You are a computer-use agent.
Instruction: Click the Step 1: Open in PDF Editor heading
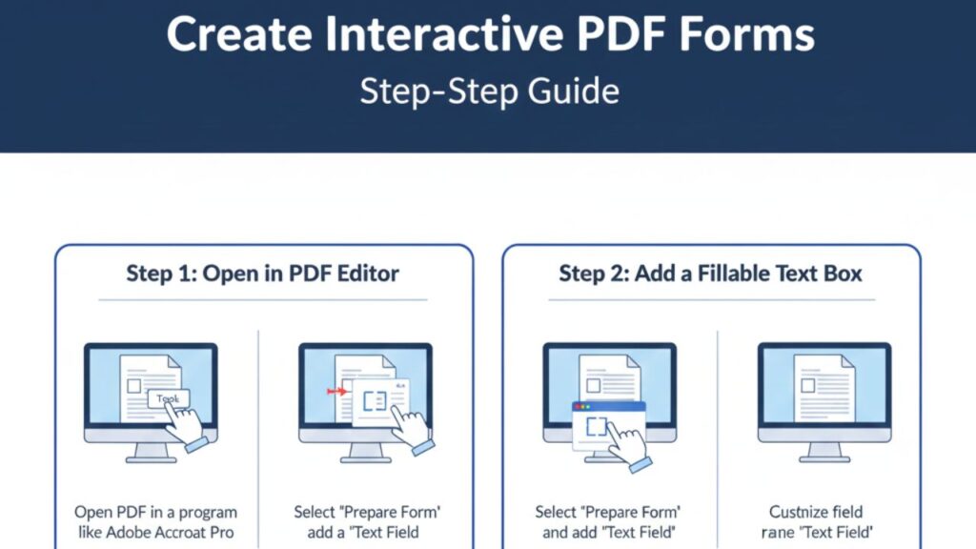pos(263,274)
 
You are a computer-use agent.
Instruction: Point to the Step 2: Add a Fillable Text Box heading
pos(710,274)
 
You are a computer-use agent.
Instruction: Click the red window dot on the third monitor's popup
pos(576,407)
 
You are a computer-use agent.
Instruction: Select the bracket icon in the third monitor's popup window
pos(596,427)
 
